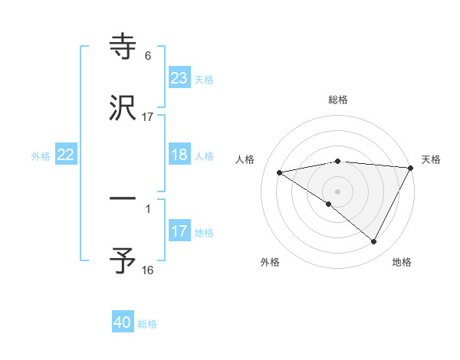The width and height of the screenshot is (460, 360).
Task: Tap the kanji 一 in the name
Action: [x=123, y=198]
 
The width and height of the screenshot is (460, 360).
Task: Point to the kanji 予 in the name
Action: [x=123, y=261]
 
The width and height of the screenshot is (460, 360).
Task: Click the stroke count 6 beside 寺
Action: [x=148, y=55]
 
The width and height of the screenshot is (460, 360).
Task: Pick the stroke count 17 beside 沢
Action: [x=148, y=116]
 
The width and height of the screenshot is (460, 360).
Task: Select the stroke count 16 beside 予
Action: [x=148, y=270]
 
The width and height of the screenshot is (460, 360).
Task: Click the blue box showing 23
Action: [x=179, y=78]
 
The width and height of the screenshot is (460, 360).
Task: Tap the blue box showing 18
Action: [x=179, y=155]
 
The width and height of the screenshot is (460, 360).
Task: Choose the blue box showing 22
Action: [x=66, y=155]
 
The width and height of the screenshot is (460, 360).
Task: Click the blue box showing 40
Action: [x=123, y=322]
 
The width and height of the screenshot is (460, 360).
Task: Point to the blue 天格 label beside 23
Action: [x=203, y=79]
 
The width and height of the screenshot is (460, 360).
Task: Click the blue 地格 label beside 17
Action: [x=203, y=232]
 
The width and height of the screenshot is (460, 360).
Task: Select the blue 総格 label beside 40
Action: [x=147, y=324]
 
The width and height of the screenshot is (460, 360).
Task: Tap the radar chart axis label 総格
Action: [x=338, y=100]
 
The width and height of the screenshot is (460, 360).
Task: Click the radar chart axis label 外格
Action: [x=270, y=262]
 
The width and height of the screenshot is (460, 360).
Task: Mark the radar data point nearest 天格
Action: [x=411, y=168]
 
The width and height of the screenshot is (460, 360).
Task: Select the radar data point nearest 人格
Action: [x=280, y=172]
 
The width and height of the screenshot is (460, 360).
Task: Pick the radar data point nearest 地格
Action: [x=374, y=242]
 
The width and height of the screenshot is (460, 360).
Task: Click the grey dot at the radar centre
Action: [x=338, y=191]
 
